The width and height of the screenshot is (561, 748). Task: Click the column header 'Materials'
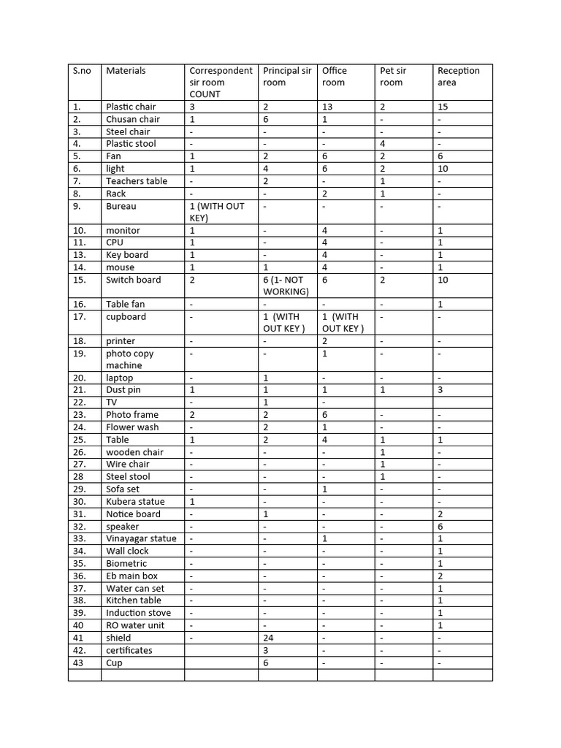(x=126, y=71)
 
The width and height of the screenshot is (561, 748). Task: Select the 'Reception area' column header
(x=459, y=77)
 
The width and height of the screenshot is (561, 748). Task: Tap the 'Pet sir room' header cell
(x=393, y=77)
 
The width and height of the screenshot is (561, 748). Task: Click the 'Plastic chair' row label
(x=131, y=107)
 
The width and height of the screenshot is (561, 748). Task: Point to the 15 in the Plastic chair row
(x=443, y=107)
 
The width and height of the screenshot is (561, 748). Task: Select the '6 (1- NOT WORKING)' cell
(x=286, y=286)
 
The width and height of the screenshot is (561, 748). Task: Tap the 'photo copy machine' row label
(x=129, y=359)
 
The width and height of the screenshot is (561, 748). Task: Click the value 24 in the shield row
(x=268, y=638)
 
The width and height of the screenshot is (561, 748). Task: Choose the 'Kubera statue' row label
(x=135, y=502)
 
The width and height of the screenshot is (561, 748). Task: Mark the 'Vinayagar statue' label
(x=141, y=538)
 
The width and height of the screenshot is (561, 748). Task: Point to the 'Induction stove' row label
(x=138, y=613)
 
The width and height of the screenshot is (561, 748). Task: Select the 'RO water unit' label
(x=135, y=625)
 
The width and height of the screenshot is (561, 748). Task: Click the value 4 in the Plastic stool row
(x=383, y=144)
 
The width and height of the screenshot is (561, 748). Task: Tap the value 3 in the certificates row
(x=266, y=650)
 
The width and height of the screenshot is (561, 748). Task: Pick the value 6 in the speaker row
(x=440, y=526)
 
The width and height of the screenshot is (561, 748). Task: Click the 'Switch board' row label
(x=133, y=280)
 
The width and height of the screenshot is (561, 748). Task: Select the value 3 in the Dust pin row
(x=440, y=390)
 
